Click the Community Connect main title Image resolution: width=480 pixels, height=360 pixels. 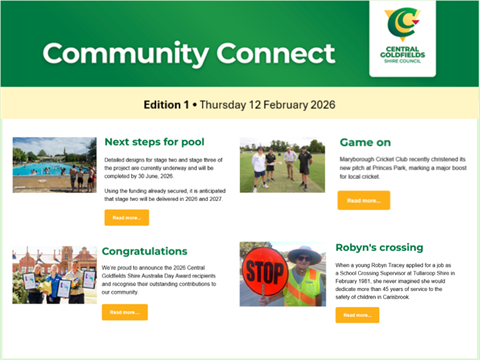188,53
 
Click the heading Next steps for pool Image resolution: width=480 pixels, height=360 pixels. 158,142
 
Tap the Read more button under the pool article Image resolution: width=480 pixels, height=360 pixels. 126,217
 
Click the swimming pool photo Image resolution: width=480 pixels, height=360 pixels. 54,164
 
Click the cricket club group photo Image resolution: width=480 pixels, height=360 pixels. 282,164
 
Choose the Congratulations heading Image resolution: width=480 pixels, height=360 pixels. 144,251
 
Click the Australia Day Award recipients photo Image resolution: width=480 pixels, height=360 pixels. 54,275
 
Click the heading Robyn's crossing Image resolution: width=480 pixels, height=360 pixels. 381,247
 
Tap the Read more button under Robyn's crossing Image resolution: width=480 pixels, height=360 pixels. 357,315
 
